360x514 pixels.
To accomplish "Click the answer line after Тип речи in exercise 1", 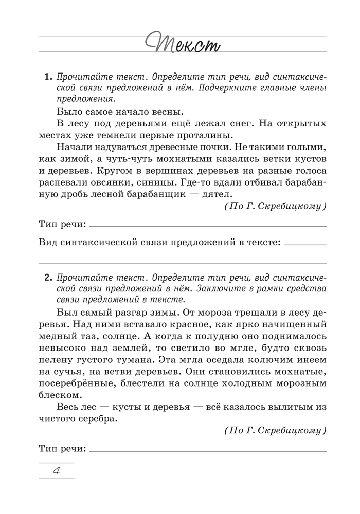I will coord(208,226).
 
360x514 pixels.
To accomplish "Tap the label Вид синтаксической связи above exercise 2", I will coord(159,241).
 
